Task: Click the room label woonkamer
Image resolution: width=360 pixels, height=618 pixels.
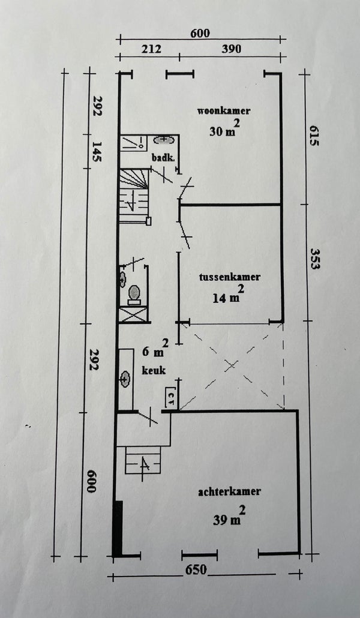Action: tap(224, 110)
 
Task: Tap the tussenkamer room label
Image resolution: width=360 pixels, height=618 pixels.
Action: tap(229, 277)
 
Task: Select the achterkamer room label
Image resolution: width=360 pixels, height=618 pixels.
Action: tap(229, 491)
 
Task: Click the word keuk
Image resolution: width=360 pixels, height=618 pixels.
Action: tap(154, 370)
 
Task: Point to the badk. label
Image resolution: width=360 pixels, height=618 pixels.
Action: tap(163, 157)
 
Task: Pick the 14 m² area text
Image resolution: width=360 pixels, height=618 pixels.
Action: tap(229, 295)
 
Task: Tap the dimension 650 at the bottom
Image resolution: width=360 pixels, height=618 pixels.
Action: tap(196, 570)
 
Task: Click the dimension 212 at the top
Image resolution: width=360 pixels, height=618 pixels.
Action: tap(152, 49)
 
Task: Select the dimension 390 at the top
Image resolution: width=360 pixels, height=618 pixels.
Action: tap(231, 49)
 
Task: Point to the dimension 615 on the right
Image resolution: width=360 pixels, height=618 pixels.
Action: tap(313, 136)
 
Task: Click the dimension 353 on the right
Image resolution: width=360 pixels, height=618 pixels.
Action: tap(314, 259)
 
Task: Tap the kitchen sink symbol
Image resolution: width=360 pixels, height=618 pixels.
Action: tap(125, 379)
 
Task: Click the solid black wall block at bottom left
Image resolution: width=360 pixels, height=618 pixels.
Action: tap(118, 529)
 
